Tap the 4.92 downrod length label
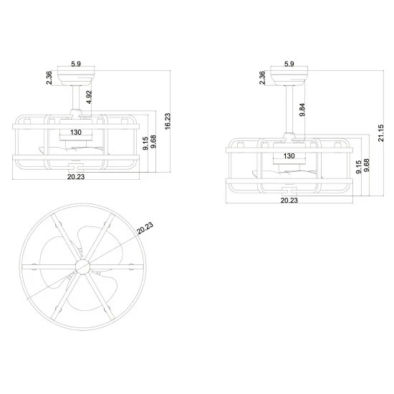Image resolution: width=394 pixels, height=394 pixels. (88, 97)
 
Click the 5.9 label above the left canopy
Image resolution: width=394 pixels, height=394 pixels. (76, 64)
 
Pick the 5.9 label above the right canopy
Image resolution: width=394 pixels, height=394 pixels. (289, 64)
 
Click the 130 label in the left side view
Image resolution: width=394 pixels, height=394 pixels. (77, 133)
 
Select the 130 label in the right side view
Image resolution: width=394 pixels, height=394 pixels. (289, 155)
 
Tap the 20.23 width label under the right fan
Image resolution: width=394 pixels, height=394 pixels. (289, 201)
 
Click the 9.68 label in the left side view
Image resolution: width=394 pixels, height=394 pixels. (154, 143)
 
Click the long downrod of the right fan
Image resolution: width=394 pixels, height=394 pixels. (289, 108)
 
